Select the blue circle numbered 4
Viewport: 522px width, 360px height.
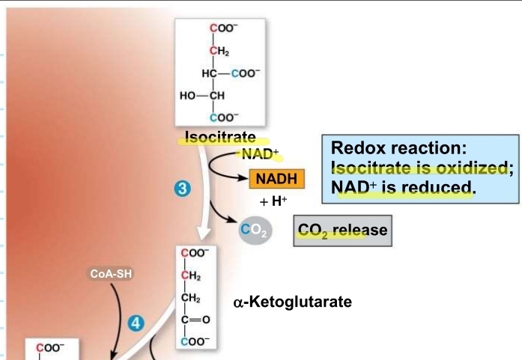tap(136, 323)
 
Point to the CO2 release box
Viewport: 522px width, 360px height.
tap(342, 230)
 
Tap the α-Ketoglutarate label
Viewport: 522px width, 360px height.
tap(293, 302)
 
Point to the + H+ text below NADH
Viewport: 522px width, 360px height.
tap(274, 201)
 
